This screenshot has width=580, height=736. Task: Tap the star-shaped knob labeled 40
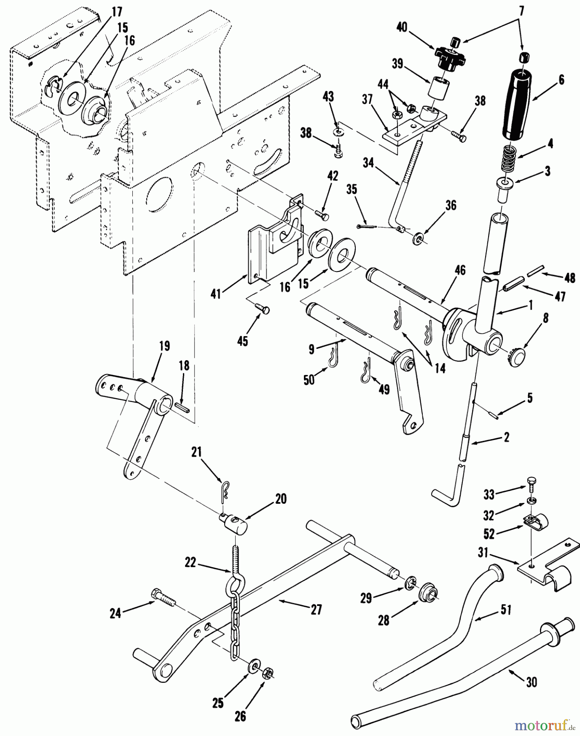pyautogui.click(x=450, y=58)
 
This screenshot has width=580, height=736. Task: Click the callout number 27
pyautogui.click(x=316, y=610)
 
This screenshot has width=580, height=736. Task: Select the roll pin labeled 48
pyautogui.click(x=535, y=272)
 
